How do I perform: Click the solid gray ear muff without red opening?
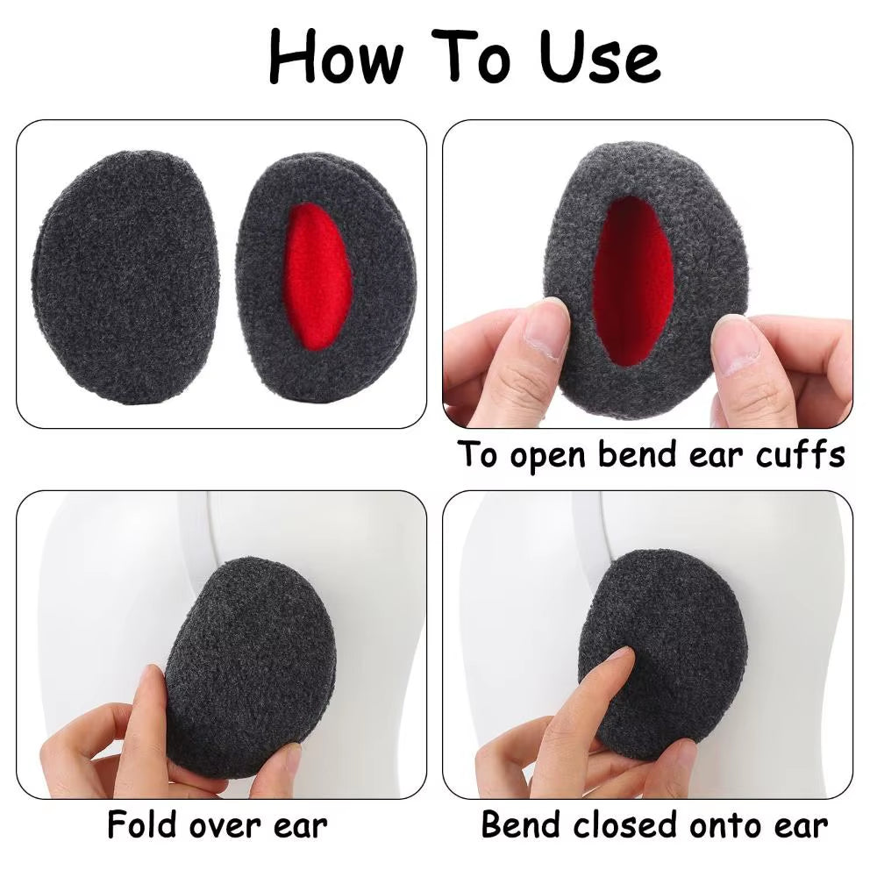(128, 276)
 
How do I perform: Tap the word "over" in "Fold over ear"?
(231, 827)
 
